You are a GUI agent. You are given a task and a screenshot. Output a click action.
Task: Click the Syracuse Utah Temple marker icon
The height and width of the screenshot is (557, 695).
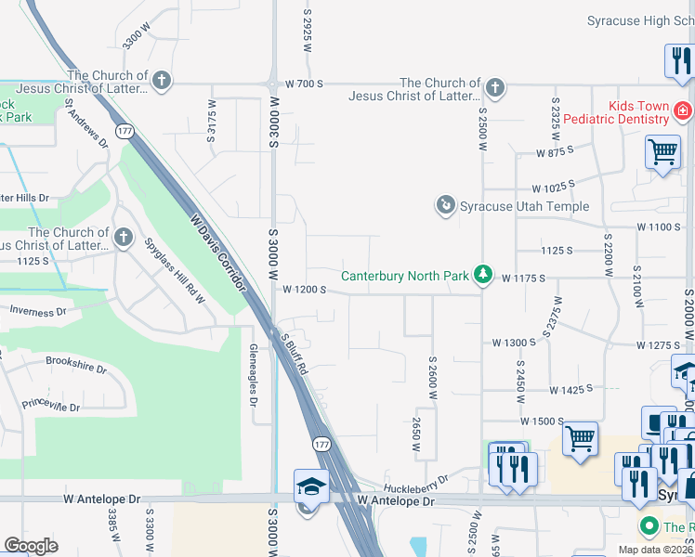[x=447, y=204]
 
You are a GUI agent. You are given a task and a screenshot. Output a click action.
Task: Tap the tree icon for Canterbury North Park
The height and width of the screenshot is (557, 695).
[x=482, y=274]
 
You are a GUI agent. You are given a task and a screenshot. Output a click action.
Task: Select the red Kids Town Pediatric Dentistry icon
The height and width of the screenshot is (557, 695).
[x=682, y=111]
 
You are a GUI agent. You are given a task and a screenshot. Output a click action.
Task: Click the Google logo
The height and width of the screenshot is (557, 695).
[x=32, y=546]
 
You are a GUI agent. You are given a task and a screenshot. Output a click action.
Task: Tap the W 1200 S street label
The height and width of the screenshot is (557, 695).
[x=304, y=290]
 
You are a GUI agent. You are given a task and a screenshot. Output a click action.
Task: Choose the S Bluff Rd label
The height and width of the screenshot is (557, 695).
[x=295, y=353]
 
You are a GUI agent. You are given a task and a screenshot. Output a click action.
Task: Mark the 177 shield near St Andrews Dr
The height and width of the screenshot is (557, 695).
[x=125, y=132]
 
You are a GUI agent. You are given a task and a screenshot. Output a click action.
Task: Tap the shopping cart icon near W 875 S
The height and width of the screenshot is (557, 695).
[x=662, y=149]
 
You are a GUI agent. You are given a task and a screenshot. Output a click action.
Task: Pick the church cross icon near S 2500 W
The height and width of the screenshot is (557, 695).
[x=495, y=88]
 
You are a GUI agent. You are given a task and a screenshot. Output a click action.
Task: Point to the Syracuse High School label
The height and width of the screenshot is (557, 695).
[x=640, y=20]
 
